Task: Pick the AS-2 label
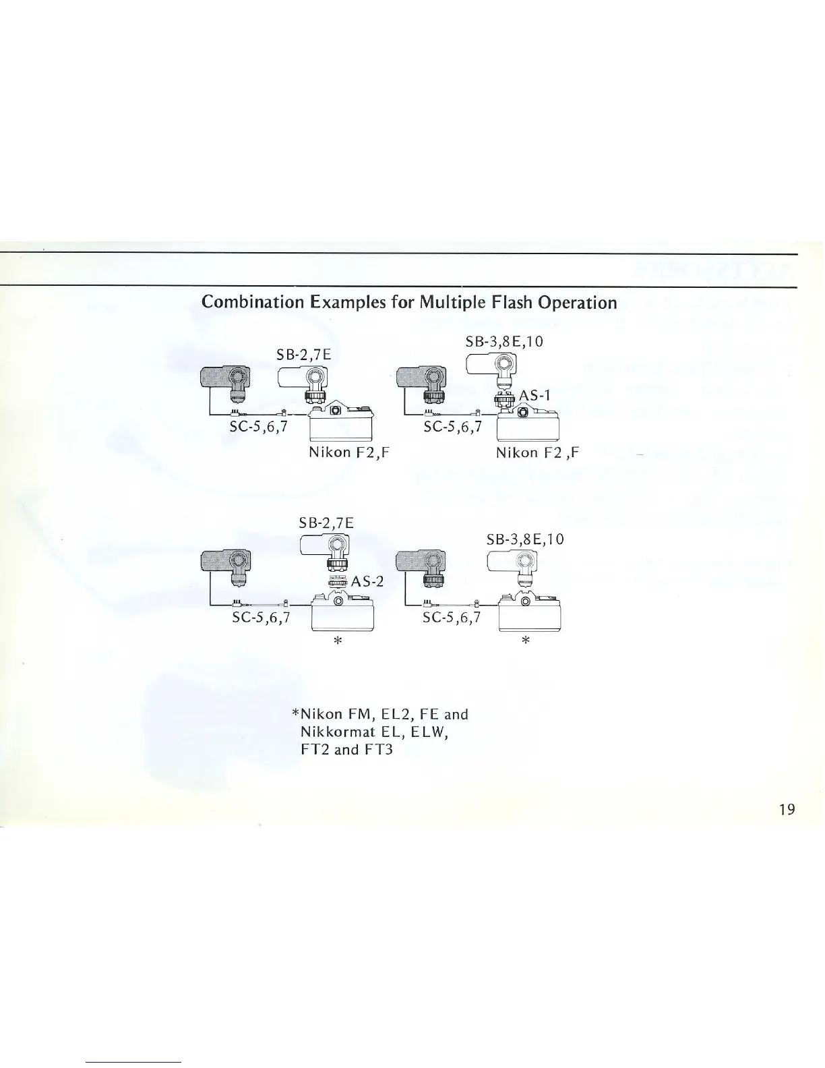367,581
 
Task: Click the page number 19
787,808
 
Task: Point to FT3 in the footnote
378,749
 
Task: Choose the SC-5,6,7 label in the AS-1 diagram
452,426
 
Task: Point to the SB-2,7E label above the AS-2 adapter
326,523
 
